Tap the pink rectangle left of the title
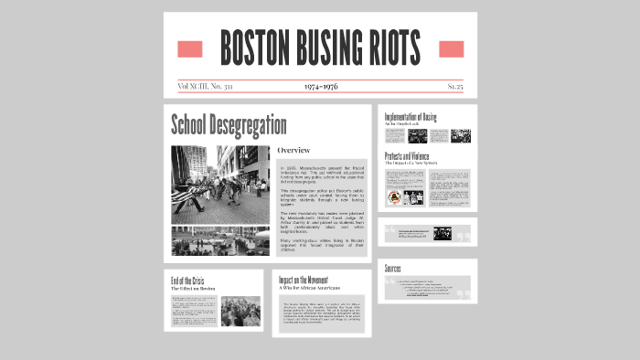pos(189,48)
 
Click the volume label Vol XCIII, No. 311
pos(205,87)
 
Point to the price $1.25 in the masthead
pos(455,87)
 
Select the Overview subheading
pos(293,150)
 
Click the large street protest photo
pos(220,185)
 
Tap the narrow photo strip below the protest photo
pos(220,240)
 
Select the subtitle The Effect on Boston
pos(192,289)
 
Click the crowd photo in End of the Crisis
pos(240,311)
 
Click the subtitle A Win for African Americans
pos(315,289)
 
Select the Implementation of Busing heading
pos(411,116)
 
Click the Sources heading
pos(393,269)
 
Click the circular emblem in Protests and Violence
pos(394,197)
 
